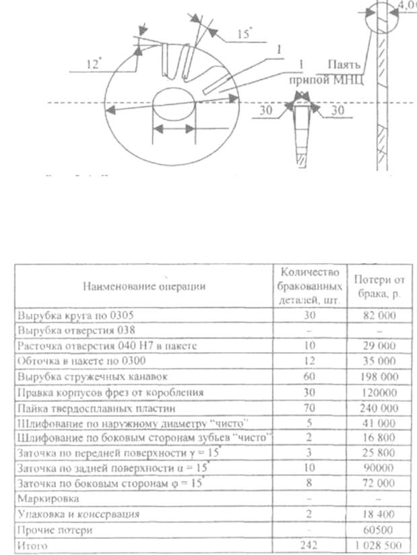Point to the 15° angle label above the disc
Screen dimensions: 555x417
point(245,32)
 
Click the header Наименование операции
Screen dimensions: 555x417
point(143,286)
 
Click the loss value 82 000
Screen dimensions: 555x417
point(378,316)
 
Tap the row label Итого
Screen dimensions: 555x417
point(33,544)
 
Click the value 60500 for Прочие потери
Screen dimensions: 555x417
point(379,529)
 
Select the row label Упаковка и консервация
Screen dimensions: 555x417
point(79,515)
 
